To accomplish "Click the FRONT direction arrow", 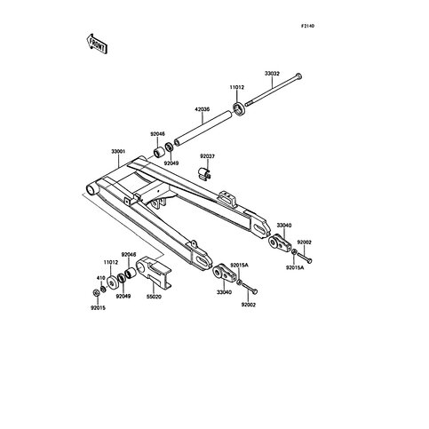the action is [97, 44].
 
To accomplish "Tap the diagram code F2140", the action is [307, 26].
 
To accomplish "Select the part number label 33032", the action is [272, 74].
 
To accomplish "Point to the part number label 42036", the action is [203, 109].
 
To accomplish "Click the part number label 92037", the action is [207, 156].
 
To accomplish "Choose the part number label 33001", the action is [118, 151].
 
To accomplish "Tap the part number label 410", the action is [101, 278].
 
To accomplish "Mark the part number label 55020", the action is [154, 296].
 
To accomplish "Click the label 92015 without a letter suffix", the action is [98, 308].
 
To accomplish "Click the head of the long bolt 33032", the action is [298, 76].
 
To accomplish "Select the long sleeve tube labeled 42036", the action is [203, 128].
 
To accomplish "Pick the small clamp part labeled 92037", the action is [203, 173].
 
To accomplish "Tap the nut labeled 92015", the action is [96, 293].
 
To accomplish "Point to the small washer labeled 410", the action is [103, 289].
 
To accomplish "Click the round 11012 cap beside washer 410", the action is [112, 283].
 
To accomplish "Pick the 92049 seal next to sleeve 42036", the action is [169, 147].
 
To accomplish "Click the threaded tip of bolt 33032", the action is [247, 104].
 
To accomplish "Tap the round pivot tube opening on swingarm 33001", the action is [91, 189].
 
